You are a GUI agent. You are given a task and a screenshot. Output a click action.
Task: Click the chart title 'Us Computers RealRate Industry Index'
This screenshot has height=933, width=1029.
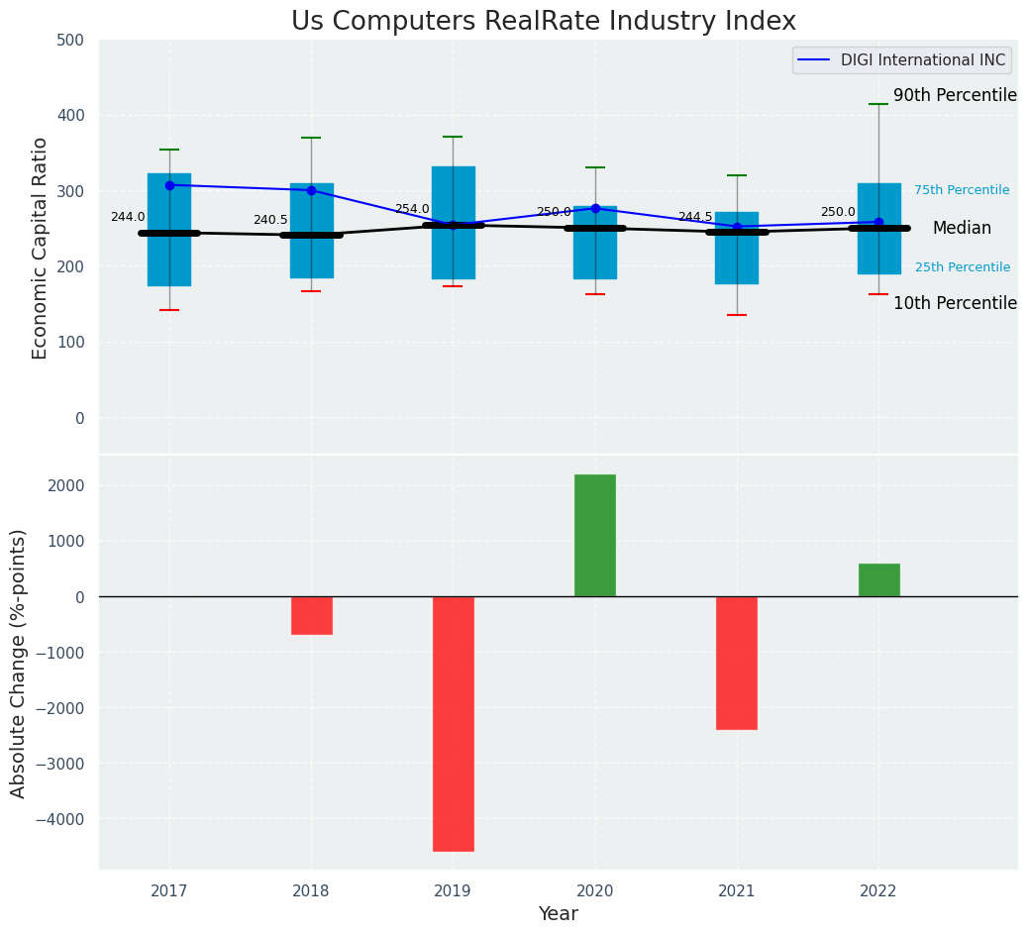click(543, 22)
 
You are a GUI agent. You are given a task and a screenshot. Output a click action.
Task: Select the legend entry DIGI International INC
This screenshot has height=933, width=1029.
click(901, 60)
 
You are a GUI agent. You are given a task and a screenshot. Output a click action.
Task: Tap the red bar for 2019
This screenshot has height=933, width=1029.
click(454, 723)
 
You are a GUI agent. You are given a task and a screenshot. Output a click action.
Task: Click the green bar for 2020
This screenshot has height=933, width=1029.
click(595, 536)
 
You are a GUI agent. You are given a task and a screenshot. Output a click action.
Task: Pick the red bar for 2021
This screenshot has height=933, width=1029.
click(737, 663)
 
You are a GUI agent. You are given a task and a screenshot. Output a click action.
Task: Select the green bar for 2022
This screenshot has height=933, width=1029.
click(878, 580)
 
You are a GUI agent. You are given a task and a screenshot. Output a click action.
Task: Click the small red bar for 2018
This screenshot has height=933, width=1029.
click(312, 615)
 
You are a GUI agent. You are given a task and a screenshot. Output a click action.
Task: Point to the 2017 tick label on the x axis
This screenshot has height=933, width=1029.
click(169, 891)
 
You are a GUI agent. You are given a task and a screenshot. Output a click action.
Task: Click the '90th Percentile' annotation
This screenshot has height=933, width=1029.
click(955, 96)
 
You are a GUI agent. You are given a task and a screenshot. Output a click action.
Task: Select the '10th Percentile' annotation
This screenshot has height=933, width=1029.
click(955, 304)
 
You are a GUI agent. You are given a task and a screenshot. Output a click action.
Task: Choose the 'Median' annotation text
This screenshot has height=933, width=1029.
click(962, 229)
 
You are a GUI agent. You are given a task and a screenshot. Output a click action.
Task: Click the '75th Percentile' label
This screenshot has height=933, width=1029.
click(962, 190)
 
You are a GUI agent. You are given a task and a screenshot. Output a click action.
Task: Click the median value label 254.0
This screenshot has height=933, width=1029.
click(412, 210)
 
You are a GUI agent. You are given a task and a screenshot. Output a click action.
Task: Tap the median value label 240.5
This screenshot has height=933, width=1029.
click(270, 220)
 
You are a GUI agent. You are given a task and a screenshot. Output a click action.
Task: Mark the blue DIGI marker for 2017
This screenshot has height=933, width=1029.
click(169, 185)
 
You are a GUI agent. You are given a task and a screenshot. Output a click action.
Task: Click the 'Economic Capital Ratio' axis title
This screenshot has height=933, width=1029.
click(41, 248)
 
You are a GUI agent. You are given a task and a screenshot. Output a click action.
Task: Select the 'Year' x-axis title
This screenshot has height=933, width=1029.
click(559, 914)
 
